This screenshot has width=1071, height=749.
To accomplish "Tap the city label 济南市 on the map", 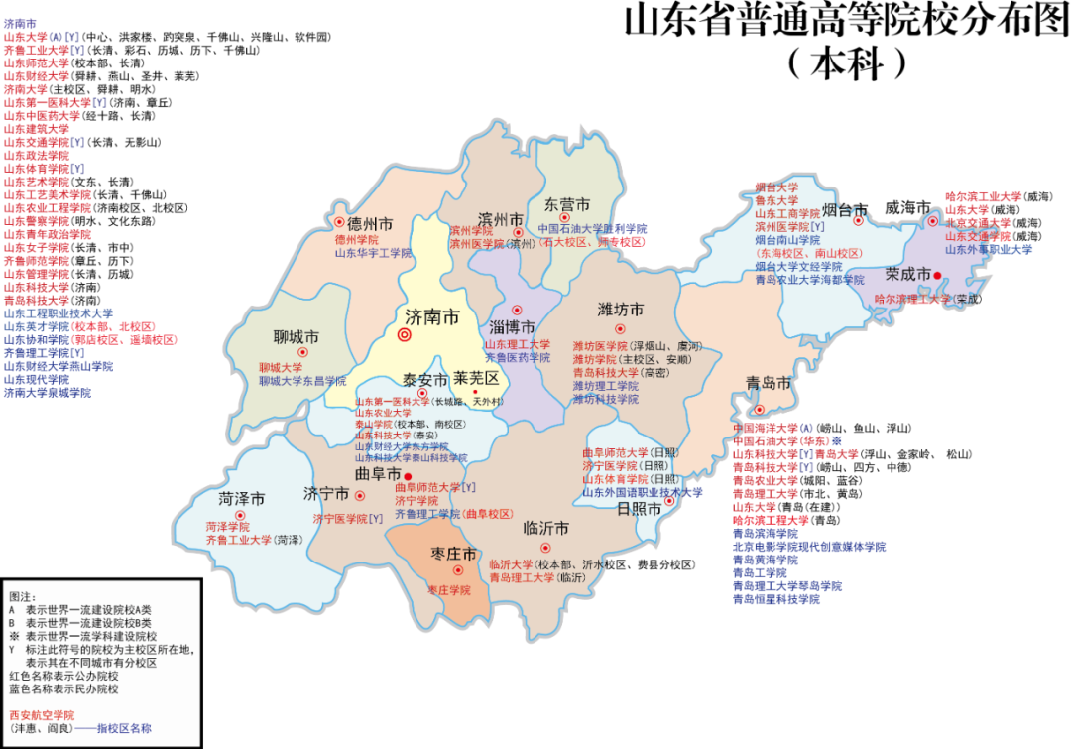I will (x=432, y=317).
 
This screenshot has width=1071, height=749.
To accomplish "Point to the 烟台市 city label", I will (x=845, y=210).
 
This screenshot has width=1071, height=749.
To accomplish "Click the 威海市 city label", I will (x=907, y=208).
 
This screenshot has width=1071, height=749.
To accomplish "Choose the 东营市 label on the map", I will (x=565, y=204).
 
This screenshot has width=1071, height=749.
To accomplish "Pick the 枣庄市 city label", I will (x=454, y=553).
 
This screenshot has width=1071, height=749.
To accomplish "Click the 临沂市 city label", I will (x=545, y=527).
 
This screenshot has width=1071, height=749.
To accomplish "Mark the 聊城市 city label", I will (x=297, y=338).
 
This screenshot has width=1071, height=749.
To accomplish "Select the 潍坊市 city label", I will (x=621, y=310).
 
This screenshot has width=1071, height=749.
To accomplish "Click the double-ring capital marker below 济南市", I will (x=405, y=335).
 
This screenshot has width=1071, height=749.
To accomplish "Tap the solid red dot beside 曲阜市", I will (x=408, y=477).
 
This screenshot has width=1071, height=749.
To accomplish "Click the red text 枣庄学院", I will (x=449, y=590).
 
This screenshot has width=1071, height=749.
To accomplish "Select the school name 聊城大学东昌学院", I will (x=302, y=381).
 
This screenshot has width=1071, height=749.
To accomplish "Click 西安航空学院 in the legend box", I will (x=42, y=714).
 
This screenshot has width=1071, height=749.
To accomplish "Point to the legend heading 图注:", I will (x=22, y=596).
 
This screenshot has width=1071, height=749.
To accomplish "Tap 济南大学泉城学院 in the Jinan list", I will (x=47, y=393).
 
